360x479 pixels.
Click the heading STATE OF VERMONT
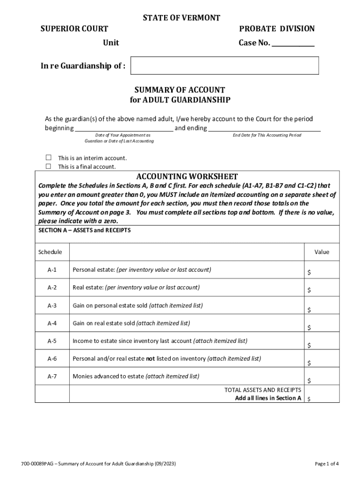coord(181,18)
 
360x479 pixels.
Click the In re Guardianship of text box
coord(224,66)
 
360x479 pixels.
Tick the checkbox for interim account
coord(48,158)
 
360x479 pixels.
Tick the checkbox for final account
coord(48,167)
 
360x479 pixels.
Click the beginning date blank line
coord(124,128)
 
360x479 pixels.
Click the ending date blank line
coord(264,128)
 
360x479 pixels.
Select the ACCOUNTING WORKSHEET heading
coord(187,176)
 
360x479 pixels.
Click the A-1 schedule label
coord(52,270)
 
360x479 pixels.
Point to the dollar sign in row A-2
coord(309,290)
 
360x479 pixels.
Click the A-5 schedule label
coord(52,341)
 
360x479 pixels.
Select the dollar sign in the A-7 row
coord(309,381)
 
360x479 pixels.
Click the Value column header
coord(322,252)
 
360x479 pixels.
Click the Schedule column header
coord(50,252)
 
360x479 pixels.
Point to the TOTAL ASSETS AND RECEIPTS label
coord(263,390)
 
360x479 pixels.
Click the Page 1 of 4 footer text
coord(327,464)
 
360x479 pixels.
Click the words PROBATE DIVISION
coord(277,29)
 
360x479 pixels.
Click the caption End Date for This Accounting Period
coord(267,135)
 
